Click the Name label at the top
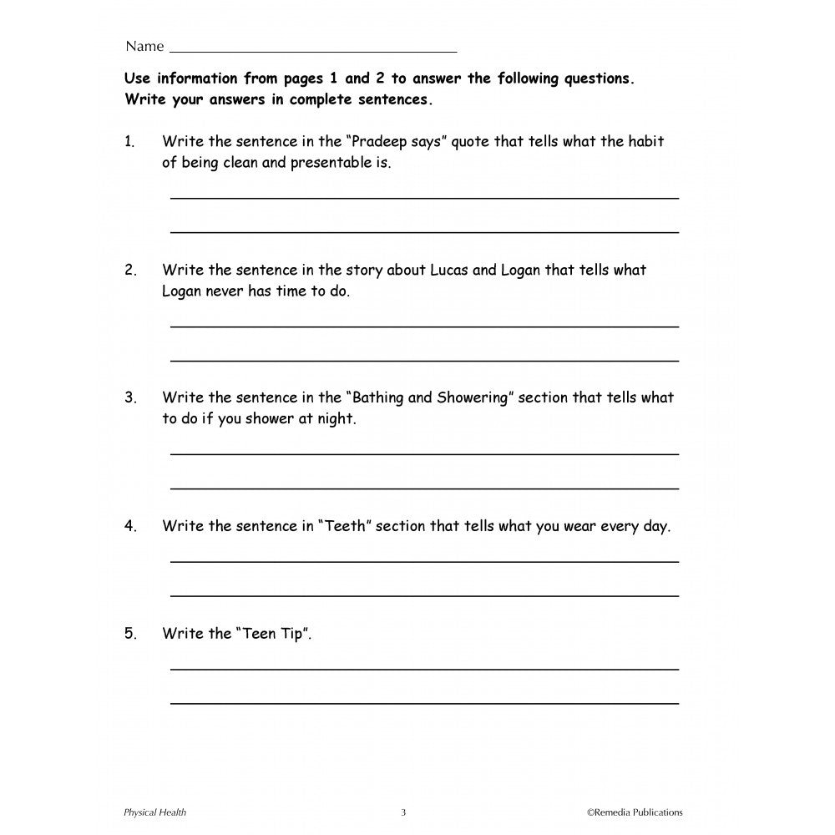[x=144, y=46]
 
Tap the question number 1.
[x=129, y=142]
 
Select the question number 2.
[x=130, y=271]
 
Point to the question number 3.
[x=130, y=398]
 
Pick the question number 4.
[x=130, y=527]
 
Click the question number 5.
[x=130, y=634]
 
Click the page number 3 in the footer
[x=403, y=812]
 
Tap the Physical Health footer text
[x=154, y=812]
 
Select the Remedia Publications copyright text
[x=635, y=812]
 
